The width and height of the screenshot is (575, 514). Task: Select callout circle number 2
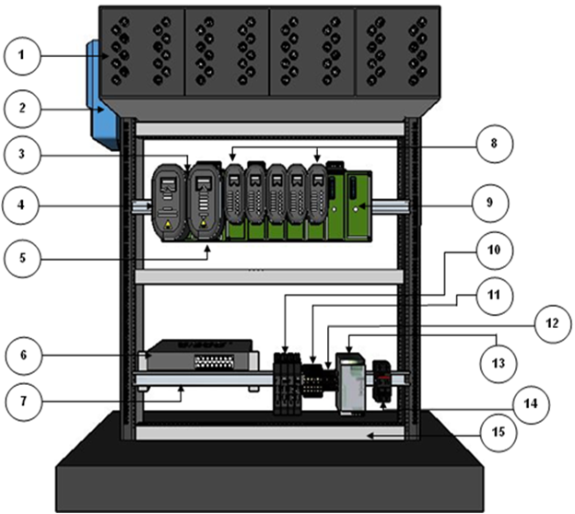[25, 109]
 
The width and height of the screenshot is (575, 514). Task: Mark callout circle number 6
[25, 355]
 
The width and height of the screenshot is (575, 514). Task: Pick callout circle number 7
[25, 402]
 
